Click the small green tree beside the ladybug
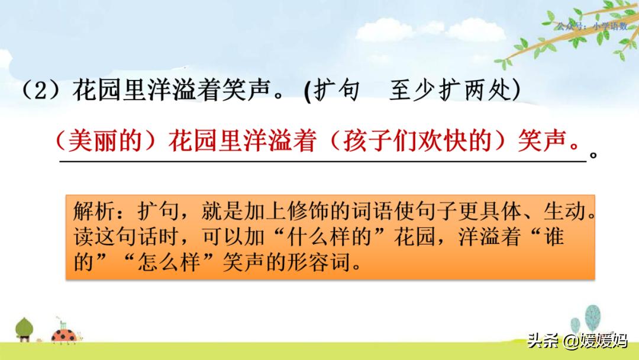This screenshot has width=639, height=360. (24, 329)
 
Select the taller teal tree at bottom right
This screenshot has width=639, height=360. (592, 320)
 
